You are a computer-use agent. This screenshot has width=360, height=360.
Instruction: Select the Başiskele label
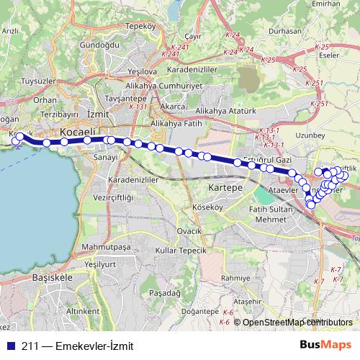click(x=53, y=276)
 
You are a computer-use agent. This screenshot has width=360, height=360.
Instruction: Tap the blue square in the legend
click(x=12, y=345)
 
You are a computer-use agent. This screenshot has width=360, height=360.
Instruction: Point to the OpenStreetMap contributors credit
click(x=297, y=323)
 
